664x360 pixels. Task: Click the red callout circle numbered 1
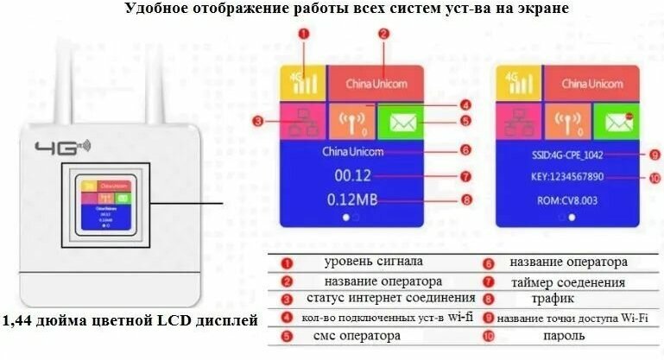pyautogui.click(x=303, y=35)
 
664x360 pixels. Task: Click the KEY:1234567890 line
pyautogui.click(x=566, y=177)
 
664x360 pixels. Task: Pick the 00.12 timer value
pyautogui.click(x=351, y=176)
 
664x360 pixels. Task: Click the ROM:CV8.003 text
pyautogui.click(x=566, y=200)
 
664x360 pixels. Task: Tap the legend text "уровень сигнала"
pyautogui.click(x=375, y=262)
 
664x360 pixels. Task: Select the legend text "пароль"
pyautogui.click(x=564, y=335)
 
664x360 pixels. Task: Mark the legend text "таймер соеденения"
pyautogui.click(x=567, y=281)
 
